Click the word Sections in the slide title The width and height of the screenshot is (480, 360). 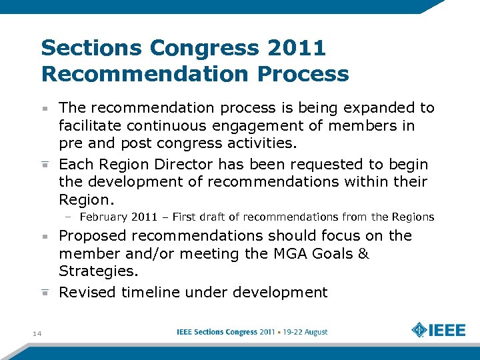coord(91,48)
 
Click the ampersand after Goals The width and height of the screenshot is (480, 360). coord(363,254)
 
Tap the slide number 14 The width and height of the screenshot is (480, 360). coord(36,333)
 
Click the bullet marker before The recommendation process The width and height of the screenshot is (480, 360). coord(45,108)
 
